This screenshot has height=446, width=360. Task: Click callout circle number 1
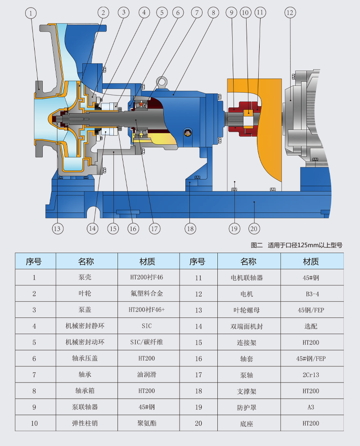pyautogui.click(x=31, y=13)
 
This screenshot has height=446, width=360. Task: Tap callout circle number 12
pyautogui.click(x=290, y=13)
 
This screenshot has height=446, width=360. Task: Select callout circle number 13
pyautogui.click(x=57, y=228)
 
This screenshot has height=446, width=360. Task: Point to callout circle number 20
pyautogui.click(x=254, y=228)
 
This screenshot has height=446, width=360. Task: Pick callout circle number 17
pyautogui.click(x=155, y=228)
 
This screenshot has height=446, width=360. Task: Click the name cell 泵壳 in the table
pyautogui.click(x=85, y=277)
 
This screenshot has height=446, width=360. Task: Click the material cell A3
pyautogui.click(x=311, y=407)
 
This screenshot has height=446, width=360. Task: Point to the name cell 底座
pyautogui.click(x=247, y=423)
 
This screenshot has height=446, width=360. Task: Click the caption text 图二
pyautogui.click(x=256, y=245)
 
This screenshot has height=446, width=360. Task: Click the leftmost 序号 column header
pyautogui.click(x=34, y=261)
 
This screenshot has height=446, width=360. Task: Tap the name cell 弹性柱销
pyautogui.click(x=85, y=423)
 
